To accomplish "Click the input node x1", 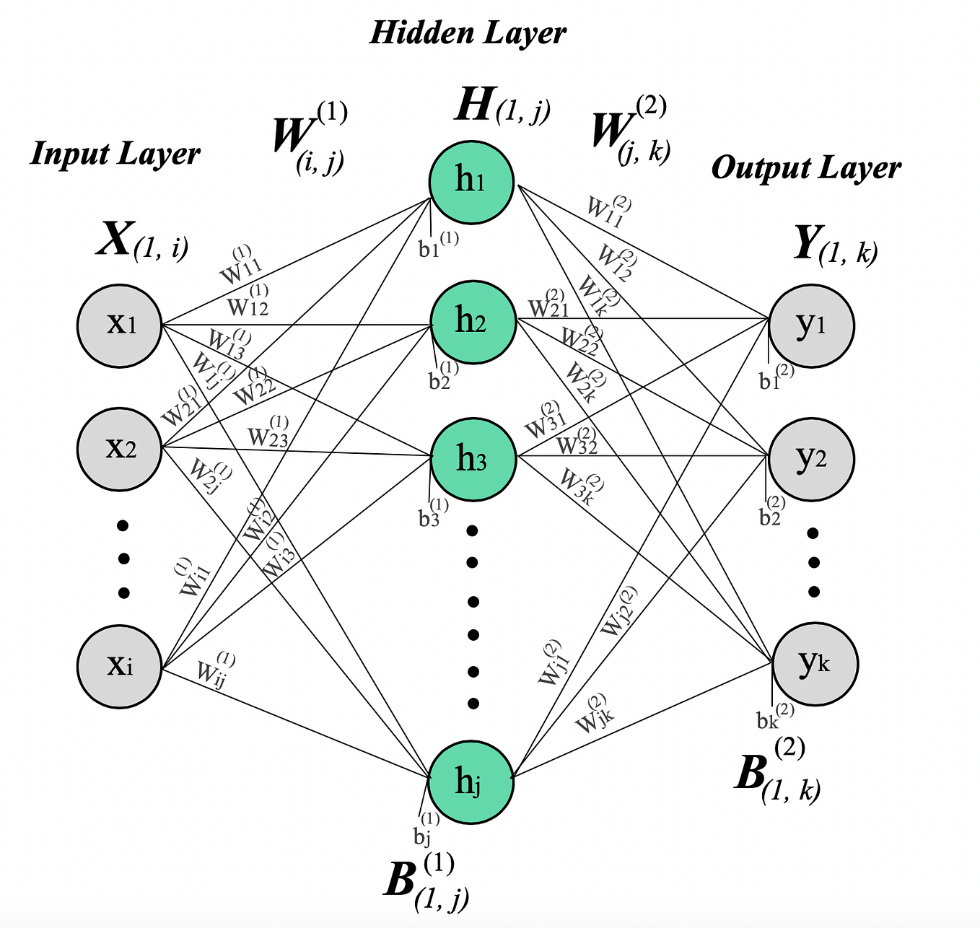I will click(119, 325).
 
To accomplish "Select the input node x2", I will click(119, 448).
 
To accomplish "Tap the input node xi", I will click(119, 665).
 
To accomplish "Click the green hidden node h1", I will click(471, 180).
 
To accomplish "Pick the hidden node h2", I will click(473, 321).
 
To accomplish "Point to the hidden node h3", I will click(473, 459).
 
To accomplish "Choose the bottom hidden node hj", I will click(471, 782).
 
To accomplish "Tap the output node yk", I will click(815, 663).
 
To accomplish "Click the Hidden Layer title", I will click(468, 33).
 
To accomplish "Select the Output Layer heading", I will click(806, 168).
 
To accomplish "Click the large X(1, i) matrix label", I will click(142, 241).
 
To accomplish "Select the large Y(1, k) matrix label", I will click(835, 245).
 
